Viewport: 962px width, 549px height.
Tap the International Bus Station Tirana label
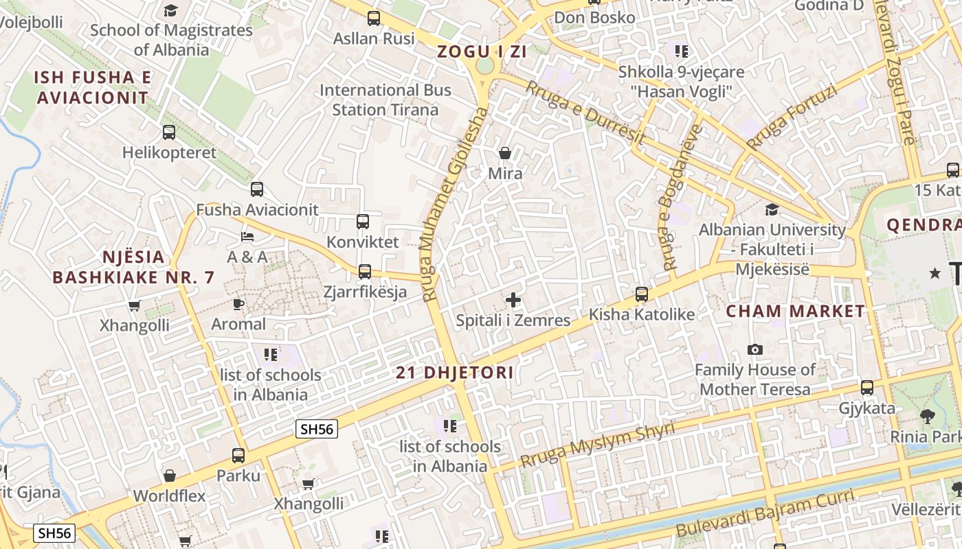click(385, 100)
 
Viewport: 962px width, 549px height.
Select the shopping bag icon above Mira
click(505, 153)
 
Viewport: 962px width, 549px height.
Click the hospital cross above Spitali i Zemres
click(513, 300)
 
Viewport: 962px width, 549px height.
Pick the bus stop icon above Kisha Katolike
click(642, 294)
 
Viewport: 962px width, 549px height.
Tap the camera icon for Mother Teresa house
click(755, 350)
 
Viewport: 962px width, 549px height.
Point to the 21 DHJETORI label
click(455, 373)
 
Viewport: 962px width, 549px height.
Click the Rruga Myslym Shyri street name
click(597, 445)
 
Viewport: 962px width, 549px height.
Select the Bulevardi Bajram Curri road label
click(765, 513)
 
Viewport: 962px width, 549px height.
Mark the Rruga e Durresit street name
click(585, 113)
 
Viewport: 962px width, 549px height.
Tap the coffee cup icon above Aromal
click(238, 304)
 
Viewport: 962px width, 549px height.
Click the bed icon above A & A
click(247, 237)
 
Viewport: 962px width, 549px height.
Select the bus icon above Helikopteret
click(169, 132)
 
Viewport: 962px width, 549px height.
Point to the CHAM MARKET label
click(796, 311)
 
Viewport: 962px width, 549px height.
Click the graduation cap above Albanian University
click(772, 209)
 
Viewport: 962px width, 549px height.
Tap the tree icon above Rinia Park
click(927, 416)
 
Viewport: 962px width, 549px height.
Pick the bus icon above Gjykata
click(867, 388)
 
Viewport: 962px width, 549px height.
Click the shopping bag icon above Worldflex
click(169, 476)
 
